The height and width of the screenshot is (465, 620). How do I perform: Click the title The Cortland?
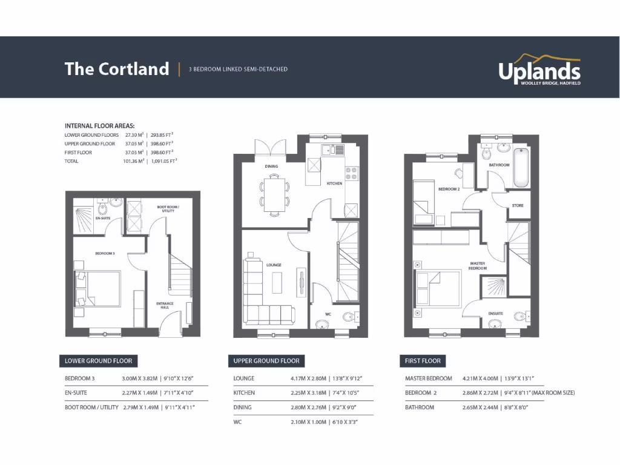(116, 69)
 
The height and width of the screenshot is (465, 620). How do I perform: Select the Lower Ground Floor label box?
(98, 361)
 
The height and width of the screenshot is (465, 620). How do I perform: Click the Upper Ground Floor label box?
(266, 361)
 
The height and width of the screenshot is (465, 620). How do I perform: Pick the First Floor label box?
(423, 361)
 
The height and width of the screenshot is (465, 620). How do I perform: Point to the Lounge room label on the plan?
(274, 265)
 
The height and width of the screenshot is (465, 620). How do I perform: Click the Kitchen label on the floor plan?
(334, 183)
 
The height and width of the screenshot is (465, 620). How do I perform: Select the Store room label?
(518, 206)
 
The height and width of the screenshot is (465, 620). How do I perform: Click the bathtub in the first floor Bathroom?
(521, 170)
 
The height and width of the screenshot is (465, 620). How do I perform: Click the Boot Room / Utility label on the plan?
(166, 209)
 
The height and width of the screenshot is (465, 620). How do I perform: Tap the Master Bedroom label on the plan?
(478, 265)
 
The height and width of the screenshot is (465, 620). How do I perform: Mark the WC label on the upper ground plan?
(328, 314)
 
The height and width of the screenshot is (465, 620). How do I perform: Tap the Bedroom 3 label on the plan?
(105, 253)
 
